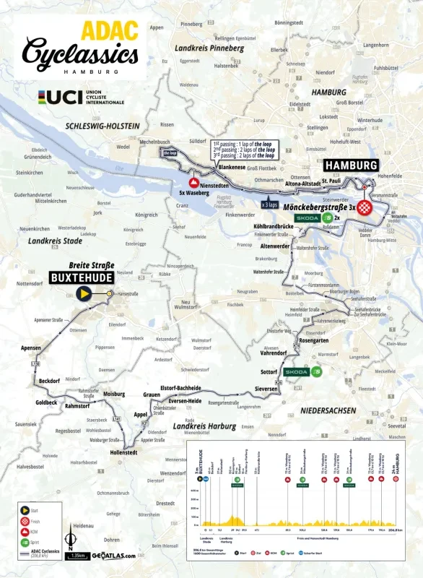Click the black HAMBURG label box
(x=350, y=165)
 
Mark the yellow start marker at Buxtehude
(x=84, y=294)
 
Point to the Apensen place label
(x=31, y=348)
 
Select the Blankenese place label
(x=232, y=167)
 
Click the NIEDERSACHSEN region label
(x=325, y=410)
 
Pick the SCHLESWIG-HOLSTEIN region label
(x=102, y=126)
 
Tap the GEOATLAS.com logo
(x=113, y=556)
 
